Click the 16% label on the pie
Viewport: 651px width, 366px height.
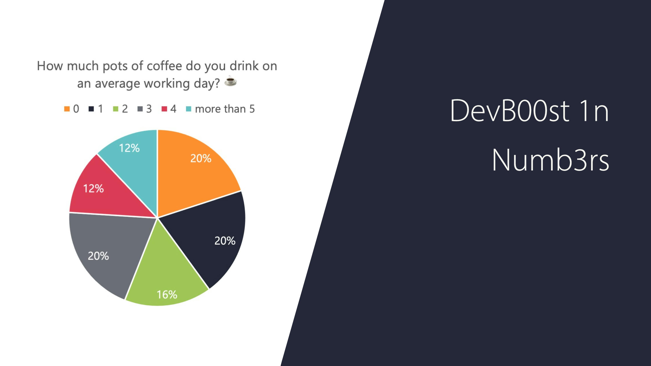(x=167, y=294)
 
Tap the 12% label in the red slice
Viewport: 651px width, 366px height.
(x=94, y=188)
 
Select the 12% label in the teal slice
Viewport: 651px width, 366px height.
(x=129, y=148)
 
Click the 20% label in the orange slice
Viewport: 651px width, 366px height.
(x=201, y=158)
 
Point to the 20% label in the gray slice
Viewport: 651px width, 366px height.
(x=98, y=256)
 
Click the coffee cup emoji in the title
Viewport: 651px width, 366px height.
(x=231, y=81)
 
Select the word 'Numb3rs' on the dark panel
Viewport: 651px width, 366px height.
(x=550, y=160)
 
